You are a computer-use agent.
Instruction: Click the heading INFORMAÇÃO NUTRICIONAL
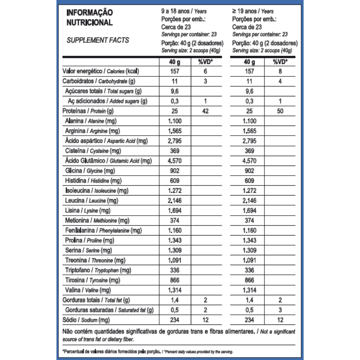coord(90,18)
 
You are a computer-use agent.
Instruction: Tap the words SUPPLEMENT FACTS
coord(98,40)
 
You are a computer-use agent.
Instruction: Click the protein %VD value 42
coord(205,111)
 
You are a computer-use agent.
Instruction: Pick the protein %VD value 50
coord(280,111)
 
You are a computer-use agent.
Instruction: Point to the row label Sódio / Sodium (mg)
coord(86,320)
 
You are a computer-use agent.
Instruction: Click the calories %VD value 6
coord(205,72)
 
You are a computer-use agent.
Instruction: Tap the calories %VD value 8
coord(280,72)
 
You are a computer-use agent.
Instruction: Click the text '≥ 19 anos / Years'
coord(253,12)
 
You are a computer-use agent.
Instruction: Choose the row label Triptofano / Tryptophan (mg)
coord(98,270)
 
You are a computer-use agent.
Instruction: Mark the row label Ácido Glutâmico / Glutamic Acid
coord(108,161)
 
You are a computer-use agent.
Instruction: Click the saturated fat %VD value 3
coord(280,310)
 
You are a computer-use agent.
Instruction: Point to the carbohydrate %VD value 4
coord(280,81)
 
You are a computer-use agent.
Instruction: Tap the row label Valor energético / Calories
coord(100,72)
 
